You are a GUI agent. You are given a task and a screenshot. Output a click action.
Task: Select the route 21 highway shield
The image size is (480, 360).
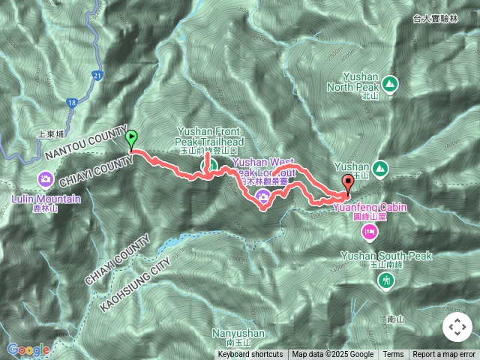click(x=98, y=75)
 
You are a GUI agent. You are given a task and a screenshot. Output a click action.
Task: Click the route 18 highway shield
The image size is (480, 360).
click(x=71, y=101)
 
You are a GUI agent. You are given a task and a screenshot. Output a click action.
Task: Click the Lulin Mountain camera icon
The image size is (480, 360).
click(x=46, y=179)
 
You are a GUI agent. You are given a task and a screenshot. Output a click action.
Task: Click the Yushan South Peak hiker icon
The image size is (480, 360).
click(x=386, y=280)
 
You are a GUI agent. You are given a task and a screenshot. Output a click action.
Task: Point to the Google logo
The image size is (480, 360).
click(x=28, y=349)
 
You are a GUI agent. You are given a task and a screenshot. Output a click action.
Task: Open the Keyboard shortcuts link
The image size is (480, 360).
click(x=250, y=355)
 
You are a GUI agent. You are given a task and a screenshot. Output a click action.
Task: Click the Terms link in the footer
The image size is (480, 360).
click(x=393, y=355)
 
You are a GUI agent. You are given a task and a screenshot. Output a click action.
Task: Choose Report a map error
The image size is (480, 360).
click(x=444, y=355)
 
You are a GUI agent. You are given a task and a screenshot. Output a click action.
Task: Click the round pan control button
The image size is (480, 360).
click(x=457, y=327)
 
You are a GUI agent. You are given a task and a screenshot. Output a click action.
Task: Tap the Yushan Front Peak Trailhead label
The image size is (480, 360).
click(x=210, y=135)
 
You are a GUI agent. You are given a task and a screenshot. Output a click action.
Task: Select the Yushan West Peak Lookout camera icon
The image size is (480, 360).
click(x=263, y=196)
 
